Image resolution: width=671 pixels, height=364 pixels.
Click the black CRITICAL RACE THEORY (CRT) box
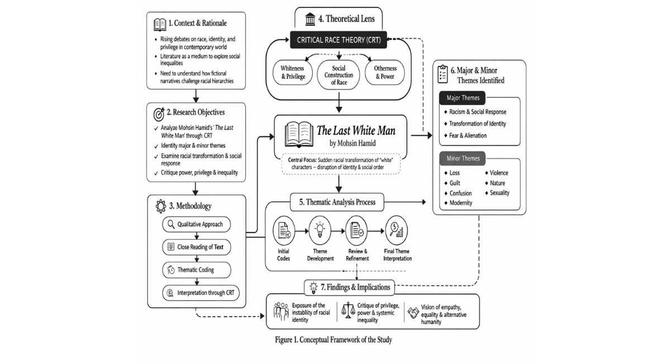point(338,40)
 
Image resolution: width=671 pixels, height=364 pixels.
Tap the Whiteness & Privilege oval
point(293,73)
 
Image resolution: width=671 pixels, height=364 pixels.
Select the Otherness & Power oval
point(385,73)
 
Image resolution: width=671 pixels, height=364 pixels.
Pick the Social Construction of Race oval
point(339,75)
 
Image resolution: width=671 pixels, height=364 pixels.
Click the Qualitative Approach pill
point(197,224)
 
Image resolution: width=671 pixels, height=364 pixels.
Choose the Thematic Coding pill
point(197,270)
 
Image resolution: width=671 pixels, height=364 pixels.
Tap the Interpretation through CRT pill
point(201,292)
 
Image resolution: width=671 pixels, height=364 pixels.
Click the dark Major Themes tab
point(462,98)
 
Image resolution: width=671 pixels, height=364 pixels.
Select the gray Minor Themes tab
point(462,158)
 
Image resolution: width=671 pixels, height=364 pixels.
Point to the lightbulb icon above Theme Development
point(320,230)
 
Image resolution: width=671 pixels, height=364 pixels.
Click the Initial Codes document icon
point(284,230)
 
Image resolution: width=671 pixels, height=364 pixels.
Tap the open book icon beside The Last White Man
point(299,134)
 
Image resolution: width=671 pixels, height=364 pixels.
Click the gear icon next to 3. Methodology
point(161,206)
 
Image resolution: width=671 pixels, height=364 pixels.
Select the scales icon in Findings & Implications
point(348,311)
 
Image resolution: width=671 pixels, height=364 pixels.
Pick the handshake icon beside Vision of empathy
point(413,313)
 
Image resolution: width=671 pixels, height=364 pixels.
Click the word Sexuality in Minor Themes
point(499,193)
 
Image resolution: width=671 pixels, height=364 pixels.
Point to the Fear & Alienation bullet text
point(468,135)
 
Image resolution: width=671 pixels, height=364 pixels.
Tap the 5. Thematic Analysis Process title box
point(337,202)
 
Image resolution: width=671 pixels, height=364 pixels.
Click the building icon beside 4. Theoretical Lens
point(310,19)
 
